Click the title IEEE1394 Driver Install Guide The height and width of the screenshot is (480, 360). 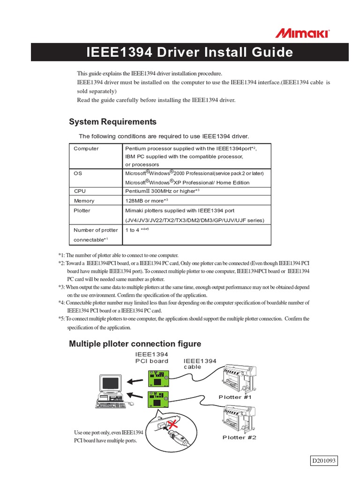pyautogui.click(x=190, y=52)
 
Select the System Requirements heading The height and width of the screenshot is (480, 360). pyautogui.click(x=112, y=122)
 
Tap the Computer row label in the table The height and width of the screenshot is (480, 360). pyautogui.click(x=86, y=149)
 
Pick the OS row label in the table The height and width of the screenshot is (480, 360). pyautogui.click(x=78, y=173)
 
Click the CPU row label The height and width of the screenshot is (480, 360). pyautogui.click(x=80, y=191)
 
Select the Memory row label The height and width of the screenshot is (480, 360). pyautogui.click(x=84, y=201)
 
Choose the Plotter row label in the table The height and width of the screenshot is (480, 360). pyautogui.click(x=82, y=211)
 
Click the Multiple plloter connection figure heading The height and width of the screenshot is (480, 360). pyautogui.click(x=135, y=344)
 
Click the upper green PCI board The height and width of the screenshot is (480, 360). pyautogui.click(x=158, y=378)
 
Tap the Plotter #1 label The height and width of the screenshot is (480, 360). pyautogui.click(x=235, y=397)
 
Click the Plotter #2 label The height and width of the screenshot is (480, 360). pyautogui.click(x=239, y=437)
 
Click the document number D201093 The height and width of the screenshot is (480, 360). pyautogui.click(x=324, y=461)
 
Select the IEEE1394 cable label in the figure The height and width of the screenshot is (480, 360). pyautogui.click(x=200, y=364)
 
